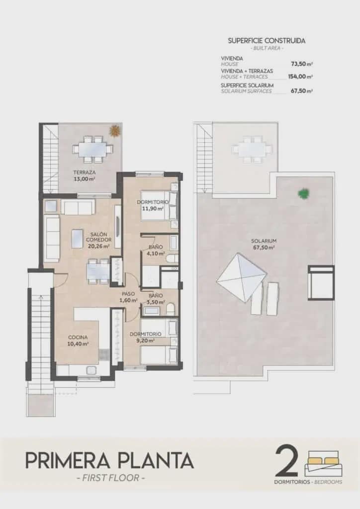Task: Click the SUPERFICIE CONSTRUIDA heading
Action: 267,41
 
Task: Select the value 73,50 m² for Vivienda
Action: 302,64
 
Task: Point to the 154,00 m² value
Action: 300,77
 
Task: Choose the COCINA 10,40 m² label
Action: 78,340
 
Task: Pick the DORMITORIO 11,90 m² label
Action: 153,205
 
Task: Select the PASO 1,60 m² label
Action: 129,297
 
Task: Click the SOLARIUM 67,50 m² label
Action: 264,244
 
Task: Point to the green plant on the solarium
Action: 303,193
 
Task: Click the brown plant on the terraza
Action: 115,131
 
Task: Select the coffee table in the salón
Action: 77,238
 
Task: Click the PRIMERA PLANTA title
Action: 109,461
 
